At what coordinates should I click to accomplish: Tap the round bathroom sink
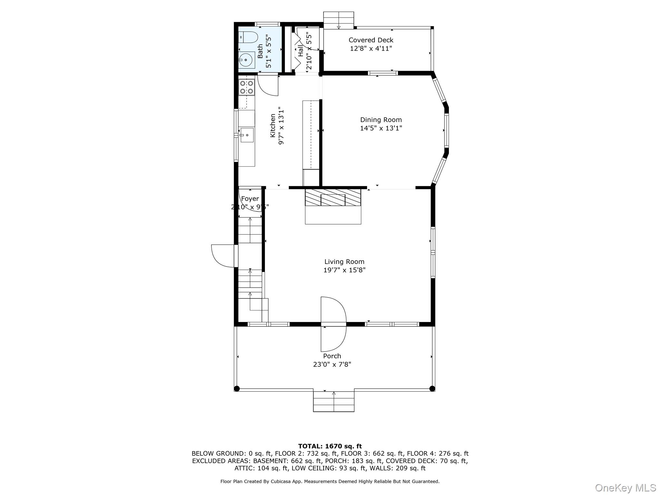[247, 60]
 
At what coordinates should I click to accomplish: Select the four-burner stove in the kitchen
[247, 87]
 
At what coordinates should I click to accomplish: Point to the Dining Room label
[381, 120]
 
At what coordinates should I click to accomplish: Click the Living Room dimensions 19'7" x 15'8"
[344, 270]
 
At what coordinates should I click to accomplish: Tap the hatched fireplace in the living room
[333, 198]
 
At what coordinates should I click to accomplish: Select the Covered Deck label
[371, 40]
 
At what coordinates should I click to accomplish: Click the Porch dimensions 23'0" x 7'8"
[332, 364]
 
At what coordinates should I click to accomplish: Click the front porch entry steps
[334, 401]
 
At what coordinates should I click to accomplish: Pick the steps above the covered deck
[338, 20]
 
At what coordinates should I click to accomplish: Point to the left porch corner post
[237, 388]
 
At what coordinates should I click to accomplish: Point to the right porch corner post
[432, 388]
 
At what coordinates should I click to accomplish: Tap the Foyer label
[250, 199]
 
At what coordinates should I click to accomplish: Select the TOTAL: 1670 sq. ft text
[330, 446]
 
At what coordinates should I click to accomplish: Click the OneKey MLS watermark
[626, 488]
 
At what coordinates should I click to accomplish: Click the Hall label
[300, 51]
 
